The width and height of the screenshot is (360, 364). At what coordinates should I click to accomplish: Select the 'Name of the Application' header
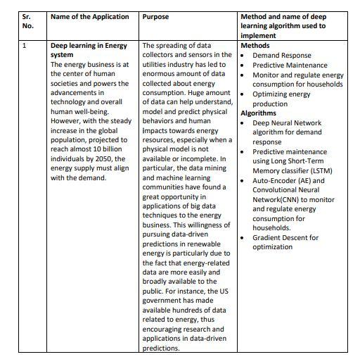[x=89, y=16]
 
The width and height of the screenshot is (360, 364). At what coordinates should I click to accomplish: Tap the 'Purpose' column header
[x=155, y=16]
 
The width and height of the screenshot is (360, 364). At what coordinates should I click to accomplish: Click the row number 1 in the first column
[x=25, y=46]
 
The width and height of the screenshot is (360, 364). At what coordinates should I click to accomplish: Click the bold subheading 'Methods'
[x=255, y=46]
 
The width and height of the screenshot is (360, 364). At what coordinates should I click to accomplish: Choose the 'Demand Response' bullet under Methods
[x=281, y=55]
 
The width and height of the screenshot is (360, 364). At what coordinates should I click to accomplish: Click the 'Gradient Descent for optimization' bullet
[x=285, y=242]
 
